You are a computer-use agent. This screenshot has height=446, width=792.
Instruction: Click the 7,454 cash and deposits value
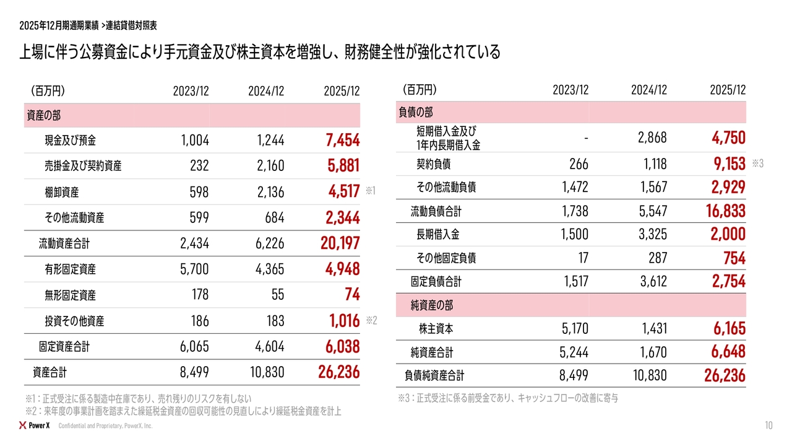(342, 141)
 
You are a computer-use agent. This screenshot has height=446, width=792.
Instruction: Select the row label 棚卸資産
(62, 192)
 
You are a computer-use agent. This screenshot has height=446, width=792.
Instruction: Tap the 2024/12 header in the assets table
(266, 91)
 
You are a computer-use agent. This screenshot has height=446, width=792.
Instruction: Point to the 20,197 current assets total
(340, 243)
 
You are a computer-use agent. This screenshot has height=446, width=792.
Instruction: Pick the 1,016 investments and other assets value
(345, 321)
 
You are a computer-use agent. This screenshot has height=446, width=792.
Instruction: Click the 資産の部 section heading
(43, 115)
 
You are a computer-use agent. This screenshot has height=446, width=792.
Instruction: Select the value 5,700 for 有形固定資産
(194, 269)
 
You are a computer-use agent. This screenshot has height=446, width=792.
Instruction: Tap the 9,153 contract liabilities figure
(728, 164)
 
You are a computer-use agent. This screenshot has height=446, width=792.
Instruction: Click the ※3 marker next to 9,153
(759, 164)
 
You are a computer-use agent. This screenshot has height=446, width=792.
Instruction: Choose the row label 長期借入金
(438, 235)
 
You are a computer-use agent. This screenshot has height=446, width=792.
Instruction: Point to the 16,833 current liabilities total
(725, 211)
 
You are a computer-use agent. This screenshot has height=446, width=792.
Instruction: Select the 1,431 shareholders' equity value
(652, 328)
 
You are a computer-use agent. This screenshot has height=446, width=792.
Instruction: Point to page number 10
(768, 426)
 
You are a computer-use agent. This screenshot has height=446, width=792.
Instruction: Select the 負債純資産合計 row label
(434, 375)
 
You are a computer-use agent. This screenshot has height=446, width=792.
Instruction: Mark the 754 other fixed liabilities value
(734, 258)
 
